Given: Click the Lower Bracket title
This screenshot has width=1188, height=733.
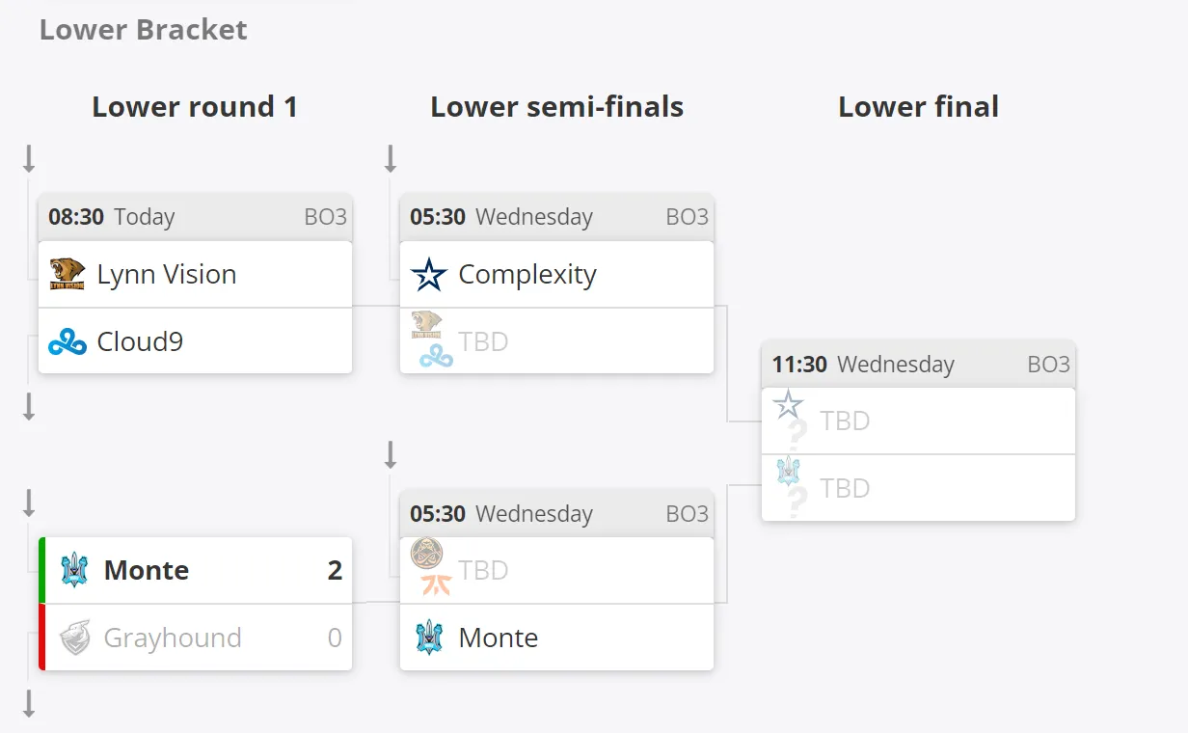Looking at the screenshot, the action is point(143,29).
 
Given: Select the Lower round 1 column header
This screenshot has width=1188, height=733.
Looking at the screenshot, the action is point(195,107).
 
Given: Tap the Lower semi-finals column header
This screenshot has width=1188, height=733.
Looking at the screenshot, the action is point(557,107).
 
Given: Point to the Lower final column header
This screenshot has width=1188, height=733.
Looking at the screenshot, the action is point(919,107).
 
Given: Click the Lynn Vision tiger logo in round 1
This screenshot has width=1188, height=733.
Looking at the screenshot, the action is point(67,274).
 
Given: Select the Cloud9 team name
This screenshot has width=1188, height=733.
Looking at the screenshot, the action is point(140,341).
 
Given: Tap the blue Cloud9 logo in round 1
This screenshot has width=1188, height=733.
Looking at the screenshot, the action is point(67,341).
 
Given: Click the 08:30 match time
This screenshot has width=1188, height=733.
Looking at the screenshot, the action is point(76,217).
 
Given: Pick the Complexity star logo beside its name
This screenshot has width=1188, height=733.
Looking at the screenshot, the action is point(429,274).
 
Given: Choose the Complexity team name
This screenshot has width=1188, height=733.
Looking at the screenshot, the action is point(527,275).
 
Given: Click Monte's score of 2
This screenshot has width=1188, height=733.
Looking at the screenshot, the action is point(335,571).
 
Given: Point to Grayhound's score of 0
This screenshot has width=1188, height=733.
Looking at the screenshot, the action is point(335,638).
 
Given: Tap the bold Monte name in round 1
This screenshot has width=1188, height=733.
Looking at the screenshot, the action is point(147,571).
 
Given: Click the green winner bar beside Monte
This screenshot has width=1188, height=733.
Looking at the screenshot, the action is point(41,570).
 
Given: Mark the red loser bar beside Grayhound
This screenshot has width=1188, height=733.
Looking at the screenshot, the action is point(41,637).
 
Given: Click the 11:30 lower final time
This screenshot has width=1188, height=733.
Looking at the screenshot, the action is point(799,365).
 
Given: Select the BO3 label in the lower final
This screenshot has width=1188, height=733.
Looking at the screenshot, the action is point(1048,365).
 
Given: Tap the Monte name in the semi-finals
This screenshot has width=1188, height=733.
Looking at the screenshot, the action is point(498,638).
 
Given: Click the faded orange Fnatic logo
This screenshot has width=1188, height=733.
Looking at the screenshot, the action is point(437,585).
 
